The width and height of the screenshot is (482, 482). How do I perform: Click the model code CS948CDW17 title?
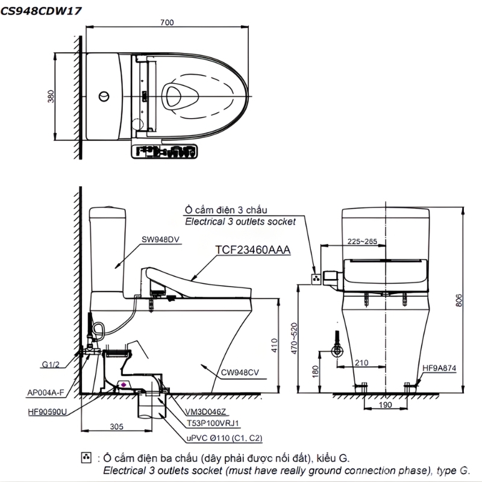click(42, 10)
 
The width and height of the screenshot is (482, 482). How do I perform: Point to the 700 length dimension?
click(167, 23)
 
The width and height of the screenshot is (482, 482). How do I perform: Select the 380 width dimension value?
click(51, 96)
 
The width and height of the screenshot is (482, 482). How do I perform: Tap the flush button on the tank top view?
click(104, 96)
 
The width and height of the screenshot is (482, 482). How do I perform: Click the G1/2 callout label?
click(51, 364)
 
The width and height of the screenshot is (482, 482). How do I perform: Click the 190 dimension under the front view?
click(385, 405)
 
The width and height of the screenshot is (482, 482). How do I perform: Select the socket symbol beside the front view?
click(315, 278)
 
